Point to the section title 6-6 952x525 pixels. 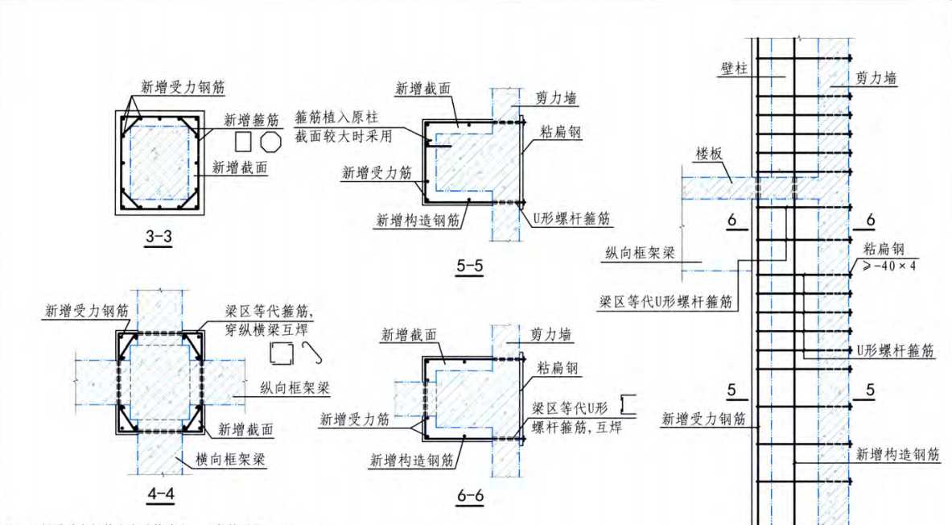click(x=469, y=496)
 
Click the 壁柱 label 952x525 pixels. click(x=732, y=70)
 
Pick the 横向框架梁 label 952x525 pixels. click(x=232, y=460)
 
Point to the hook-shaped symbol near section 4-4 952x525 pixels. click(x=312, y=350)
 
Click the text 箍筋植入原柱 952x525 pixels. click(x=333, y=117)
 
